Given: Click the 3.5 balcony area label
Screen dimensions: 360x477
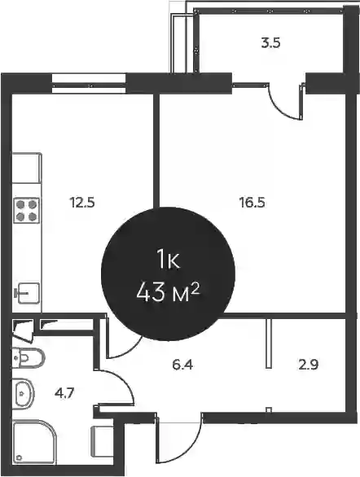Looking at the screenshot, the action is (x=270, y=43).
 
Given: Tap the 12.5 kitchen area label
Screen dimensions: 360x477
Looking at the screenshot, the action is (x=82, y=203).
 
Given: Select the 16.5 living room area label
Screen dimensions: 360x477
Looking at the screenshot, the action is (x=252, y=203).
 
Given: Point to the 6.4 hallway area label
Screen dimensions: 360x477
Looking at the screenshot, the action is (x=182, y=364).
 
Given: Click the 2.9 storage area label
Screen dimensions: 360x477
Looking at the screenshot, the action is (x=308, y=364).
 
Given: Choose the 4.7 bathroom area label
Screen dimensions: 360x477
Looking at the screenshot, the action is (x=64, y=393).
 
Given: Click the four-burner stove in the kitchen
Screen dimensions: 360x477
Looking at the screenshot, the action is (x=26, y=210).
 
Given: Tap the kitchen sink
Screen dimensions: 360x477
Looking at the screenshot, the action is (x=28, y=293).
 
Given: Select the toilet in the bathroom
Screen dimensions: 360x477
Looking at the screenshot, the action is (x=28, y=358).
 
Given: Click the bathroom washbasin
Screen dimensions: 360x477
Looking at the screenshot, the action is (x=23, y=393).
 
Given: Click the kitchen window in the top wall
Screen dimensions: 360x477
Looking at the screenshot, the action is (x=89, y=83).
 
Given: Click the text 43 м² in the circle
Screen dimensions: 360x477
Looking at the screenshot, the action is (x=168, y=294).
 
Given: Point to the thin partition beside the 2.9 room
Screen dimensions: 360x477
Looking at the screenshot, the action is (x=269, y=344).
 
